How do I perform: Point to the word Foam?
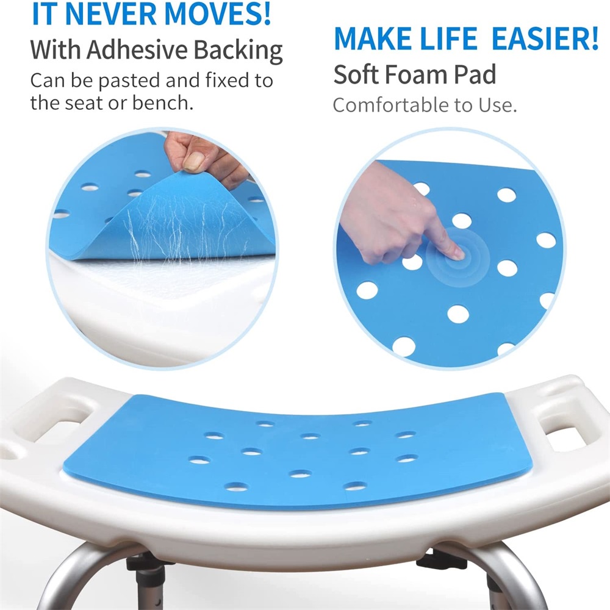tap(419, 74)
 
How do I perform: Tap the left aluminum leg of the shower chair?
tap(67, 579)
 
